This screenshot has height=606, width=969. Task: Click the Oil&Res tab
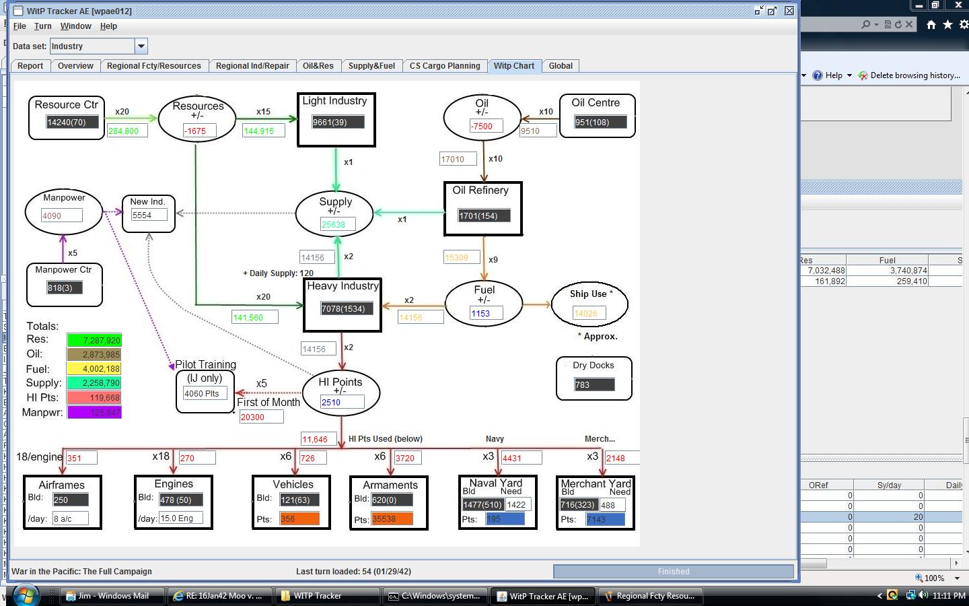318,66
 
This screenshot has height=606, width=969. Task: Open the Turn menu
42,26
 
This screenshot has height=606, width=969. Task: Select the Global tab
560,66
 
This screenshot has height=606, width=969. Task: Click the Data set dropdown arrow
141,46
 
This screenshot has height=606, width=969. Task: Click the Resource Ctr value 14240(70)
72,123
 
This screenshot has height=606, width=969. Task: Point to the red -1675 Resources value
199,131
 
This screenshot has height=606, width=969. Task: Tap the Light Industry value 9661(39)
338,123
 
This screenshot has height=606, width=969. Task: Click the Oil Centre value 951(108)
600,123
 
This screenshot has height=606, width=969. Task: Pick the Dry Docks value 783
594,385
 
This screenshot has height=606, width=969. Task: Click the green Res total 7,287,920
94,341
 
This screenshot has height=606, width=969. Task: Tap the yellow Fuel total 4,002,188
94,369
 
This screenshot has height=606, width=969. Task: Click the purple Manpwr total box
94,412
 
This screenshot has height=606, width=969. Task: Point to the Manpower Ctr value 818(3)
64,288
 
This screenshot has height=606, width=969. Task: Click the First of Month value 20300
260,417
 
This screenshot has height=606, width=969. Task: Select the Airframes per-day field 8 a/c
71,519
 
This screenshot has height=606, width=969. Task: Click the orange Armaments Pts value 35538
392,519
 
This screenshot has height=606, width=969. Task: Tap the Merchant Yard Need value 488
612,505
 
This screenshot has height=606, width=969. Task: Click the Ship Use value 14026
589,313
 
